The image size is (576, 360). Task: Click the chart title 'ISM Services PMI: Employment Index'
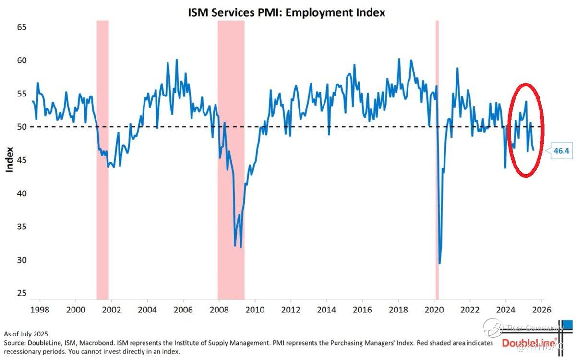pyautogui.click(x=287, y=13)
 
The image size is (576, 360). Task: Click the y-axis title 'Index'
pyautogui.click(x=9, y=160)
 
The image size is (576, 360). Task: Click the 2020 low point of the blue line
pyautogui.click(x=440, y=264)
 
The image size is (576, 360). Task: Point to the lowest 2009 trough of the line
pyautogui.click(x=240, y=247)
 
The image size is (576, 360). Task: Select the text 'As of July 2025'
pyautogui.click(x=26, y=334)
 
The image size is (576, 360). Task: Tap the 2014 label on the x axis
pyautogui.click(x=326, y=310)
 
